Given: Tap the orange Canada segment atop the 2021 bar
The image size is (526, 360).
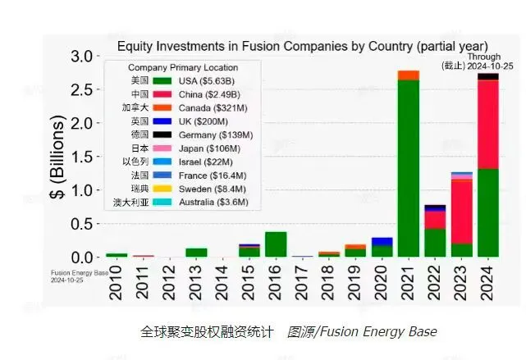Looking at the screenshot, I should pos(408,75).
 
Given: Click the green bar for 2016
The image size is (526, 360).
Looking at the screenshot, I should pos(276,244).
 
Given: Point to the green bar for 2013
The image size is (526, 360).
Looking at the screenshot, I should pos(196,253).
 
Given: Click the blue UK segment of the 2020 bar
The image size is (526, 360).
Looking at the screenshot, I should pos(382,241).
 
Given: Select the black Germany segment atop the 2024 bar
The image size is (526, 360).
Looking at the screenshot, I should pos(488,76).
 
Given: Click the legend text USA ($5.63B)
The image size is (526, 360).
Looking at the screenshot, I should pos(208,80).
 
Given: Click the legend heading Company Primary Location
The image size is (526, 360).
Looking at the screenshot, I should pos(183,67).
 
